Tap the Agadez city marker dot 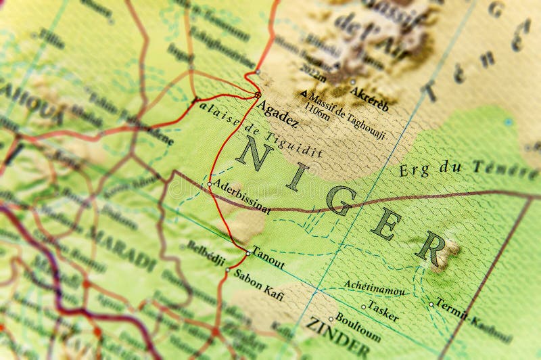pos(258,95)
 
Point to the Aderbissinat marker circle pos(210,183)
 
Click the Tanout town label pos(268,258)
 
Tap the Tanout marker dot pos(248,253)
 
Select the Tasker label pos(383,311)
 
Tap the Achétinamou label pos(375,288)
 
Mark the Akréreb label pos(371,98)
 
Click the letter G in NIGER pos(340,200)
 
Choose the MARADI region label pos(122,248)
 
